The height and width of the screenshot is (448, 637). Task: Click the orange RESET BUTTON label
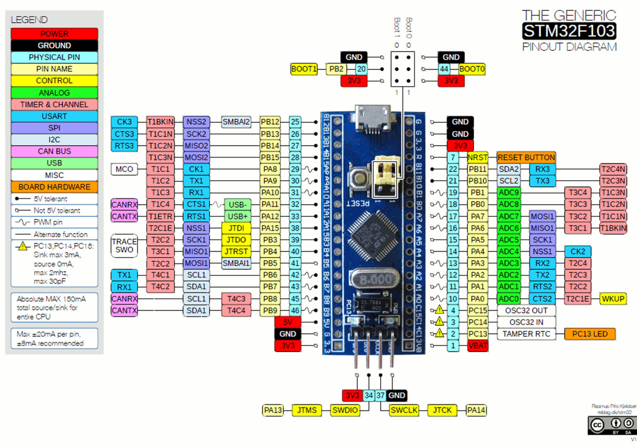pyautogui.click(x=526, y=157)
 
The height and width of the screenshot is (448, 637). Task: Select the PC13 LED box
pyautogui.click(x=589, y=334)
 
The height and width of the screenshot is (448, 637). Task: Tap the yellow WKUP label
pyautogui.click(x=613, y=299)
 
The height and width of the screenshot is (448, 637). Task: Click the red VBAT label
pyautogui.click(x=477, y=346)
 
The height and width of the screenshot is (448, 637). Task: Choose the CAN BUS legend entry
pyautogui.click(x=54, y=151)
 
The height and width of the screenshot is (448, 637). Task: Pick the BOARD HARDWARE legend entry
pyautogui.click(x=54, y=187)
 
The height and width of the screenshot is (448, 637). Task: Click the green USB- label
pyautogui.click(x=237, y=205)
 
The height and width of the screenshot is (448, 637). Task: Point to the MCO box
pyautogui.click(x=124, y=169)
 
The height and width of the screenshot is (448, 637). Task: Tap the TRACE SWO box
pyautogui.click(x=124, y=245)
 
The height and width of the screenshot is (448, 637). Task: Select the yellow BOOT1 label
pyautogui.click(x=304, y=69)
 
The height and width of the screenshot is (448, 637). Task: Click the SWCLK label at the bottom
pyautogui.click(x=404, y=410)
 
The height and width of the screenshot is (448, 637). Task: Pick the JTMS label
pyautogui.click(x=306, y=410)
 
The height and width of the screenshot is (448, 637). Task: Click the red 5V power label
pyautogui.click(x=287, y=322)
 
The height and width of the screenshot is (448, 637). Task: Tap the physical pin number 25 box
pyautogui.click(x=295, y=122)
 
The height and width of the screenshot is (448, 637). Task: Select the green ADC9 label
pyautogui.click(x=508, y=193)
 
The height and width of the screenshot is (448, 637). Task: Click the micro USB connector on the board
pyautogui.click(x=373, y=119)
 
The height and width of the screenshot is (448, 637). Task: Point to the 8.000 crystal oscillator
pyautogui.click(x=374, y=279)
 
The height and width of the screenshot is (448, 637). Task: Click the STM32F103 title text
pyautogui.click(x=569, y=31)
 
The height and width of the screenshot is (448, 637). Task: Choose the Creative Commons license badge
pyautogui.click(x=612, y=425)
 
